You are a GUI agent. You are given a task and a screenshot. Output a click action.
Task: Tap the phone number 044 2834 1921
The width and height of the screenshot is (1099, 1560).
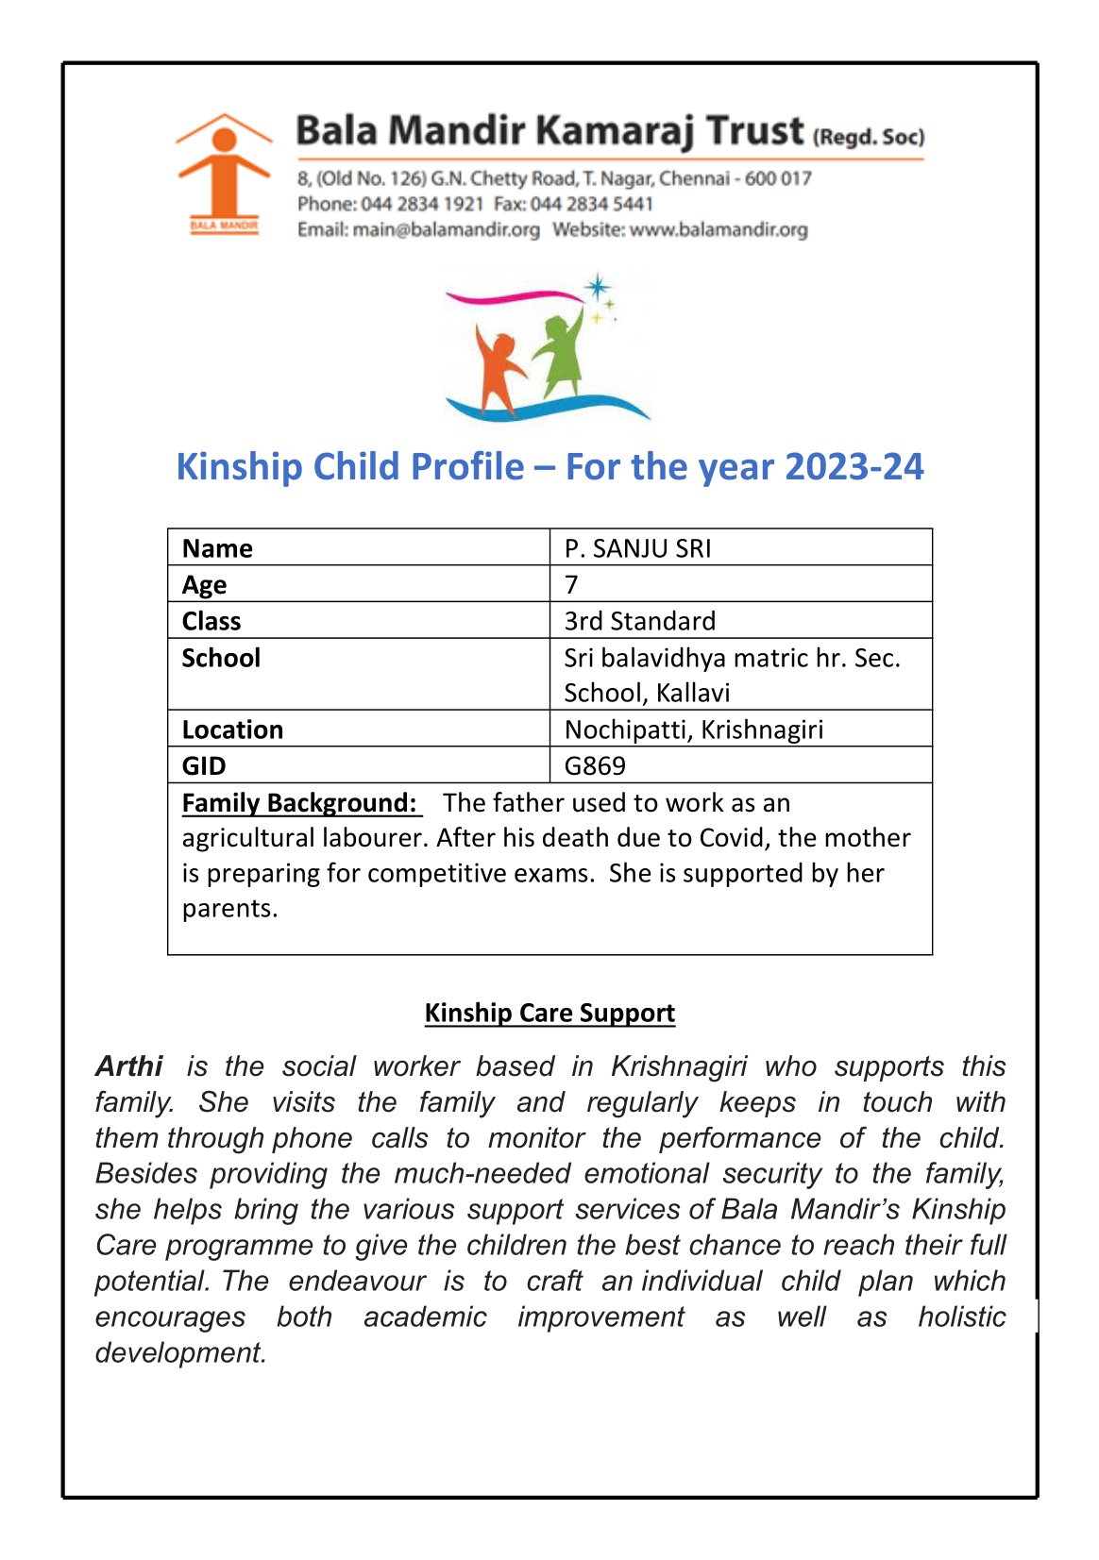422,204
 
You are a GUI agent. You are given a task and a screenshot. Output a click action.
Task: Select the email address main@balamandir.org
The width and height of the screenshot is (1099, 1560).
446,229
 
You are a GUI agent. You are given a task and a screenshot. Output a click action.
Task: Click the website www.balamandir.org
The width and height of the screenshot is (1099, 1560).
719,229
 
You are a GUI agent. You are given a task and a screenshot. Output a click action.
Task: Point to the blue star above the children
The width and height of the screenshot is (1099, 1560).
597,287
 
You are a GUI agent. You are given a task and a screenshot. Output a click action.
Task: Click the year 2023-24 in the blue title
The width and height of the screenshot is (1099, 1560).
854,467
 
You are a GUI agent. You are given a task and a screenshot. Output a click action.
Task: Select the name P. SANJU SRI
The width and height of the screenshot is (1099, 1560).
637,548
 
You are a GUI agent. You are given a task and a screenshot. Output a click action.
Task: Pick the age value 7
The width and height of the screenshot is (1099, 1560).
571,585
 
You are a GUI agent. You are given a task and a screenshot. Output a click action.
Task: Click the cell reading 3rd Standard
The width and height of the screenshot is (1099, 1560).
639,621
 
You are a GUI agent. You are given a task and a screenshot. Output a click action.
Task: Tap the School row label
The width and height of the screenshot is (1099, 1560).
221,658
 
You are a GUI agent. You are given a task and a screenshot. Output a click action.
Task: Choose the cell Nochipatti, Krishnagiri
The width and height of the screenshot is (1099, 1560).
693,730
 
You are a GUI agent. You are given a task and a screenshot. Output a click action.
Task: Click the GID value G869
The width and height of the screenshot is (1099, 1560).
595,765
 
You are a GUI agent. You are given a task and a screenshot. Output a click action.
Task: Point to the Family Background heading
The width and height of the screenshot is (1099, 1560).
299,803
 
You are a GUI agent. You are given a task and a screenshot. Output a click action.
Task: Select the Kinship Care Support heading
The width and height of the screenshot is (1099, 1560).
549,1013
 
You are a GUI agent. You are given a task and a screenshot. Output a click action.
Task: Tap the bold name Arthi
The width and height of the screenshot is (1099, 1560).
129,1066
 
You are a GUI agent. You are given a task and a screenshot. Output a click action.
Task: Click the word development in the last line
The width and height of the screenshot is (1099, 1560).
180,1352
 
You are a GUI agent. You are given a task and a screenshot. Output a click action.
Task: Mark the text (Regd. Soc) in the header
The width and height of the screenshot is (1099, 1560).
869,137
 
